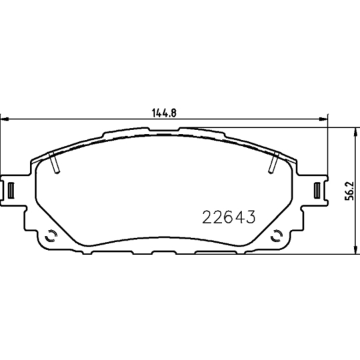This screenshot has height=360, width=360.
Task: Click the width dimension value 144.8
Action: coord(164,113)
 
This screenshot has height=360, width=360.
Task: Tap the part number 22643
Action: coord(229,218)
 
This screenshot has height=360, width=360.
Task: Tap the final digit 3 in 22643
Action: coord(252,218)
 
